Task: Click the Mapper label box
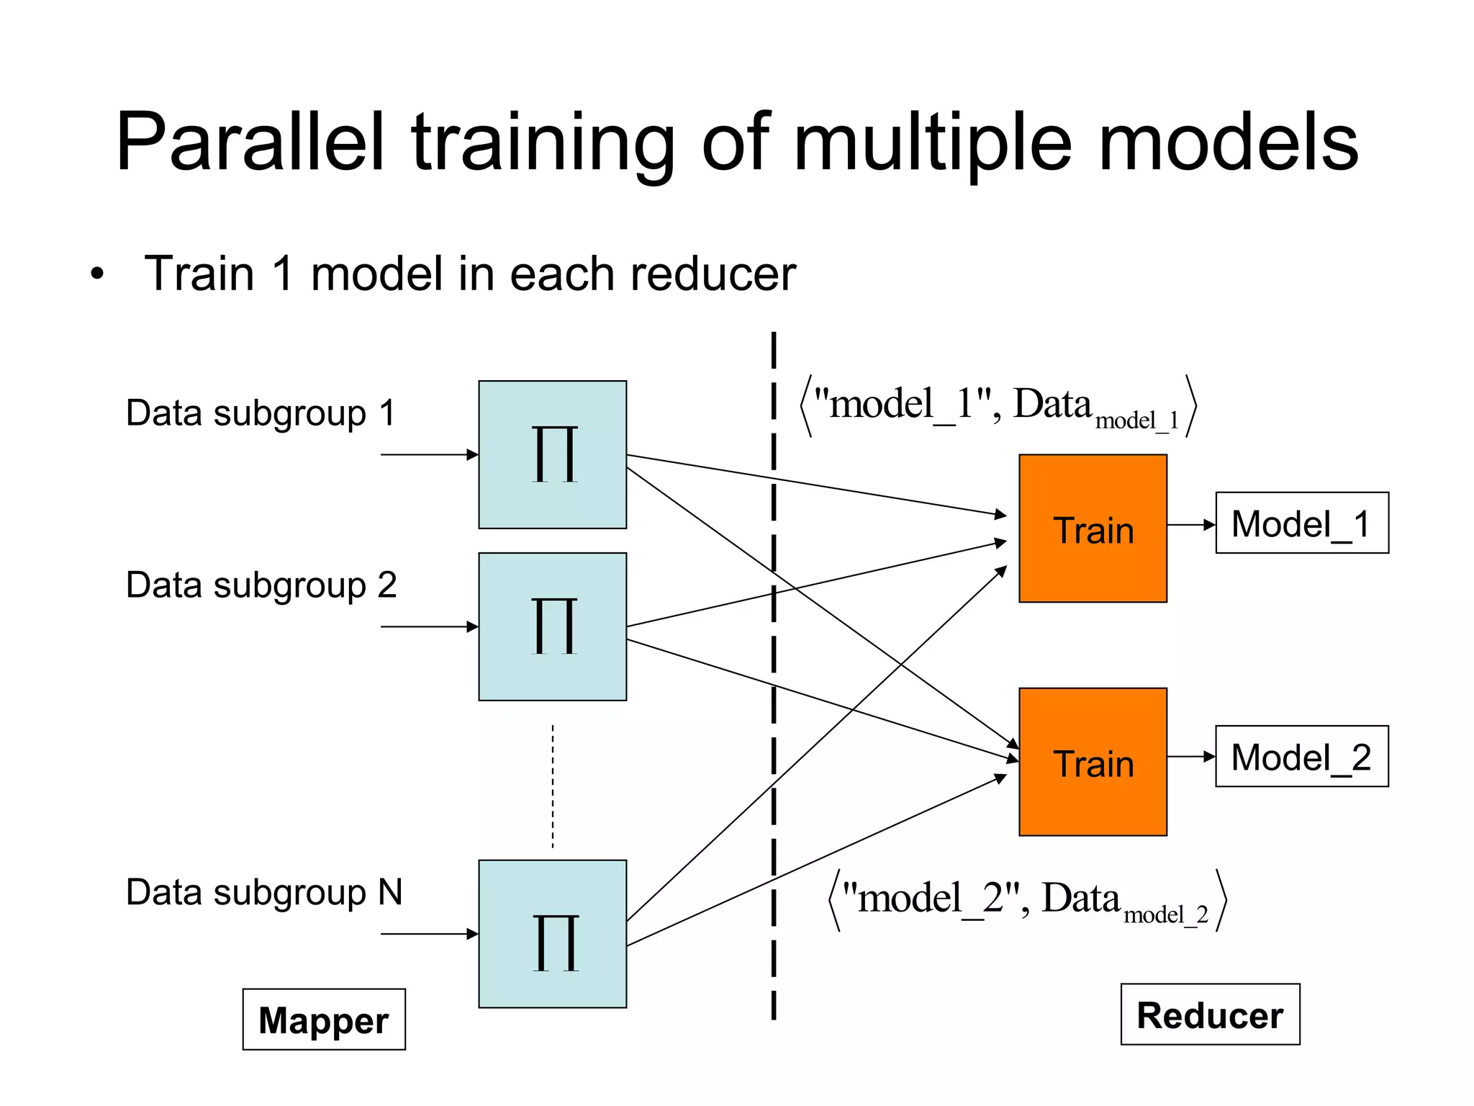click(x=324, y=1020)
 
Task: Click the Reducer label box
click(x=1210, y=1014)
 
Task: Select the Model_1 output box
click(x=1301, y=523)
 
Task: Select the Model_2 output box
click(x=1301, y=756)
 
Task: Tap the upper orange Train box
click(x=1093, y=529)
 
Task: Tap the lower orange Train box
click(x=1093, y=762)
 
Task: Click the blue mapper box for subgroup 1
click(x=552, y=454)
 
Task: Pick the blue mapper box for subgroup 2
click(x=552, y=626)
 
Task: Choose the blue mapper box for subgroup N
click(x=552, y=933)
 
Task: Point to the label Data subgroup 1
click(x=261, y=413)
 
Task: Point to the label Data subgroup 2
click(x=261, y=585)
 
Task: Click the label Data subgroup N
click(x=263, y=892)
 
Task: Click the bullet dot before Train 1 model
click(x=97, y=274)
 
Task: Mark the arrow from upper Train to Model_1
click(x=1190, y=525)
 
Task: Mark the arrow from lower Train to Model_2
click(x=1190, y=757)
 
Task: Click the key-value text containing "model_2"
click(x=1026, y=900)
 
